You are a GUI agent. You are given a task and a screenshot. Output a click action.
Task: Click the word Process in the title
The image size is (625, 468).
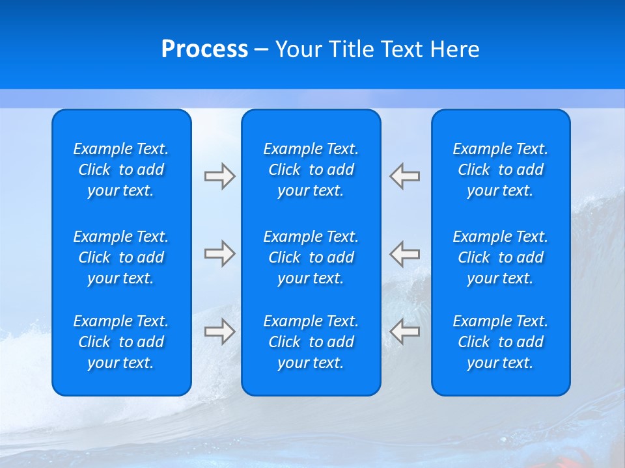(x=204, y=49)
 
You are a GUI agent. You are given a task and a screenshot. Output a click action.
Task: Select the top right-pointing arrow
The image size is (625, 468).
(x=219, y=176)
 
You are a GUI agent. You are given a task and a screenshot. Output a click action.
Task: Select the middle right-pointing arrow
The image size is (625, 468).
(x=219, y=253)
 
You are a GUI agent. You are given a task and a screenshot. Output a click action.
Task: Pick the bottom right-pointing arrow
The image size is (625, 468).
(x=219, y=331)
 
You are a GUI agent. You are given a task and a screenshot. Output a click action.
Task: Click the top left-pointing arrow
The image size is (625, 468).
(x=405, y=176)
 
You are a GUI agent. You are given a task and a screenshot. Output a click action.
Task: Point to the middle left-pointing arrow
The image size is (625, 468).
(x=405, y=253)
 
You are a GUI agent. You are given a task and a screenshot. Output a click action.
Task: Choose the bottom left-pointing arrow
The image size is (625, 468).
(x=405, y=331)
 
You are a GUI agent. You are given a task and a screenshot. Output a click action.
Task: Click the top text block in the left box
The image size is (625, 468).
(x=121, y=170)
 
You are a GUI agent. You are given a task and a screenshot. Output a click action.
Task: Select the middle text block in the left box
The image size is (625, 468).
(x=121, y=257)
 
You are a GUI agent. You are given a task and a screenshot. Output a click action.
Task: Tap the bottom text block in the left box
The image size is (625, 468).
(x=121, y=342)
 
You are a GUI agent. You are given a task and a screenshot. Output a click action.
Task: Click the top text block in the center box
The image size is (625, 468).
(x=311, y=170)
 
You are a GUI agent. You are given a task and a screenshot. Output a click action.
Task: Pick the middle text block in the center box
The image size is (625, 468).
(x=311, y=257)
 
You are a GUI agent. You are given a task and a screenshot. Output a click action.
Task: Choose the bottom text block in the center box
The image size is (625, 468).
(x=311, y=342)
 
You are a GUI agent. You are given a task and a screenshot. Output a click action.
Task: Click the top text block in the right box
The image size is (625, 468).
(x=500, y=170)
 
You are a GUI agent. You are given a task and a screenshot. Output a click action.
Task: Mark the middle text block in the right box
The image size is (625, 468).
(x=500, y=257)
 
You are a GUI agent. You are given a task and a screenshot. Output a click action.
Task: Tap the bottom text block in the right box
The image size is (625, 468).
(x=500, y=342)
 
